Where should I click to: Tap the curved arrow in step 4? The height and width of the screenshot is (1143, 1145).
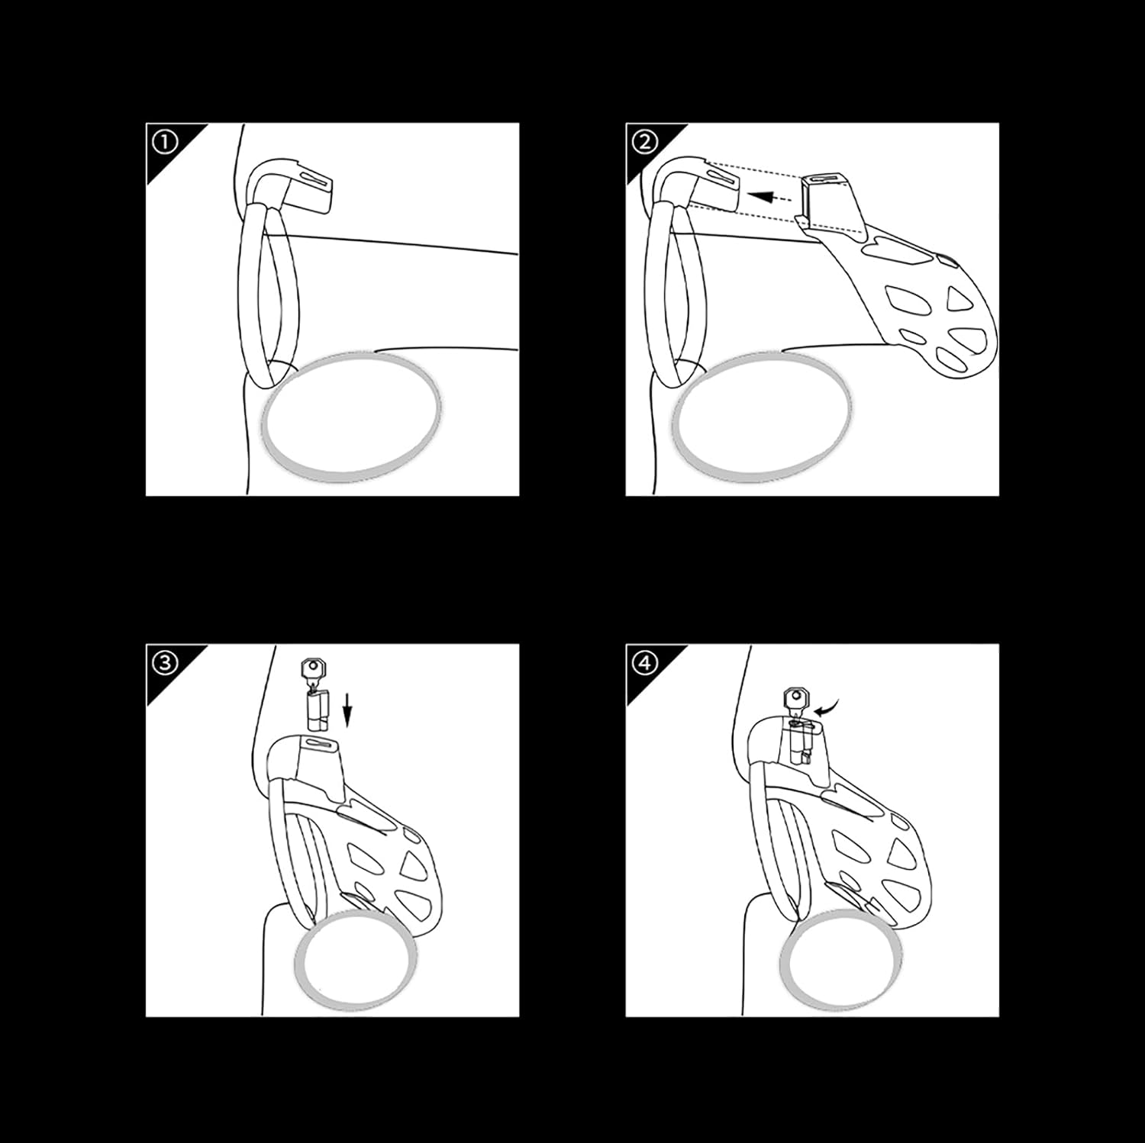point(825,709)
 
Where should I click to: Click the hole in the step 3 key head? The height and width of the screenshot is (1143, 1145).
point(313,668)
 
